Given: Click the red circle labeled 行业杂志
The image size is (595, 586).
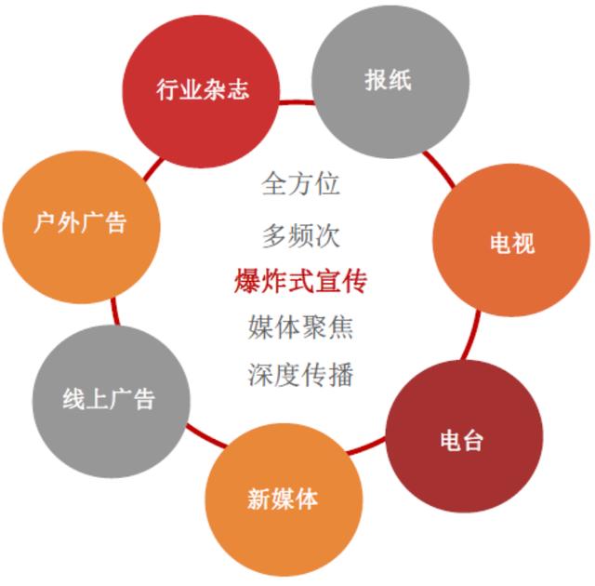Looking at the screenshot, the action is pos(201,91).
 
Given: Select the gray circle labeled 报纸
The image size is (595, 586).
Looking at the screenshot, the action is pos(390,82).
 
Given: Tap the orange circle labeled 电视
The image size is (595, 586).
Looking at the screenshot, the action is pos(511,240).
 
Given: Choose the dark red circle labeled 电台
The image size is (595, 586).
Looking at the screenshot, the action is pos(465,436).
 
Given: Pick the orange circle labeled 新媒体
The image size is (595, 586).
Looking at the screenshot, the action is pos(284,499).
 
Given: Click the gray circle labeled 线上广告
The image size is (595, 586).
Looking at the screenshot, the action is pos(111,401).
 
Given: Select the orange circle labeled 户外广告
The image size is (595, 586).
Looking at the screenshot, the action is pos(81,227).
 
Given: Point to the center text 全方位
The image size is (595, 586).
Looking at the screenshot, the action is pos(300,183).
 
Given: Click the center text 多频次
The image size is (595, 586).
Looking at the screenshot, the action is pos(300,235).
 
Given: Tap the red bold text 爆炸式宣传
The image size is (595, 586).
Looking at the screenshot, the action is pos(300,281).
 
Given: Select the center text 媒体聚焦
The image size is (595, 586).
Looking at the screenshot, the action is pos(300,327).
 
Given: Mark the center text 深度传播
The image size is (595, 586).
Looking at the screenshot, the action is pos(300,375).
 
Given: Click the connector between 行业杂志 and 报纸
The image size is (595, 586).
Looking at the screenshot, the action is pos(297,102).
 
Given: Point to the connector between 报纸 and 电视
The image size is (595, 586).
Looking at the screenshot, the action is pos(440,168).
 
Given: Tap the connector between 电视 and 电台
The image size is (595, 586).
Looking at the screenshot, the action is pos(471,335).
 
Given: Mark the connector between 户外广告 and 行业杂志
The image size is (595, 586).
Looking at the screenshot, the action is pos(153,169).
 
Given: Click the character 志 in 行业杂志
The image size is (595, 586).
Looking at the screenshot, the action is pos(238,89).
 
